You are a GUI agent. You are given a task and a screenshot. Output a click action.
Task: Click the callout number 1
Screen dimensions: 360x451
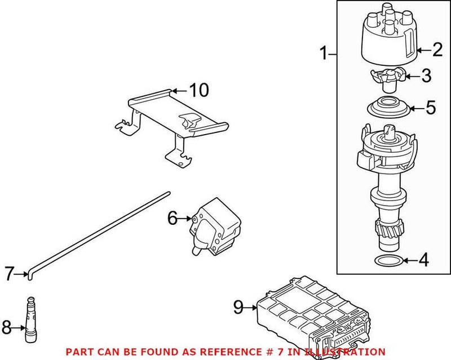click(324, 54)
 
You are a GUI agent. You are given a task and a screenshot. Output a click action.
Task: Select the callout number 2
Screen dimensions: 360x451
click(437, 50)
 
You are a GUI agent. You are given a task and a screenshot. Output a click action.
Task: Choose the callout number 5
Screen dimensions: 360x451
click(431, 108)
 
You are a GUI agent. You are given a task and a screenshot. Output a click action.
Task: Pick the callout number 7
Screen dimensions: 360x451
click(8, 274)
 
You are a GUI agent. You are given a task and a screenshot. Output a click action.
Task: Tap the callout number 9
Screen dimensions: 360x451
click(238, 307)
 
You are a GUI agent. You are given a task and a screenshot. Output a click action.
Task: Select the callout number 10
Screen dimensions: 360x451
click(198, 90)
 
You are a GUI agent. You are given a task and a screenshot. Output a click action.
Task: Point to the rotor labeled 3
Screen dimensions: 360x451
click(386, 78)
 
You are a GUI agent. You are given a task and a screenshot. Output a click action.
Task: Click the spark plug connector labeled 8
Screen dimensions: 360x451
click(32, 322)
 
